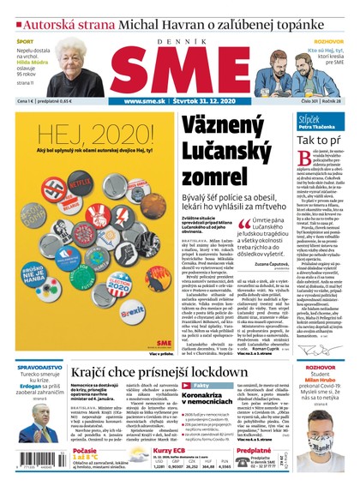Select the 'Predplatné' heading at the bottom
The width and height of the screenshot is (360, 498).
click(254, 450)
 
